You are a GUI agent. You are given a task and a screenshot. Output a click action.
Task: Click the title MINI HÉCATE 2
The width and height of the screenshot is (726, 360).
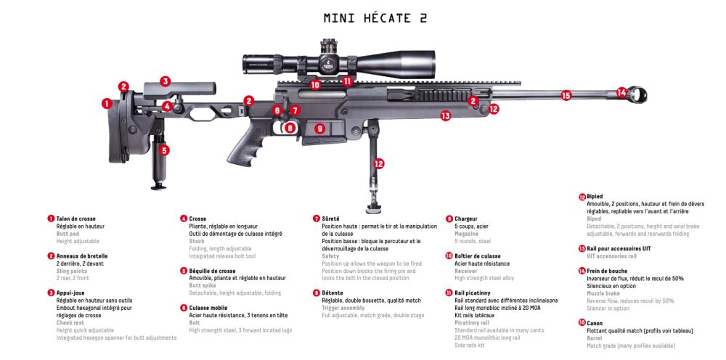(x=375, y=17)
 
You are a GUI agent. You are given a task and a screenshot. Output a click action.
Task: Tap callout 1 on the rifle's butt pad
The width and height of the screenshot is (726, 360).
(x=107, y=104)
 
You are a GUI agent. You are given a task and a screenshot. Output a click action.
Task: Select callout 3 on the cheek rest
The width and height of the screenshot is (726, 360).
(x=166, y=81)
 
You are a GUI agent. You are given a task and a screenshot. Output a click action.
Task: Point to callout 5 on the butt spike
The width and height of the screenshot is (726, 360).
(x=165, y=150)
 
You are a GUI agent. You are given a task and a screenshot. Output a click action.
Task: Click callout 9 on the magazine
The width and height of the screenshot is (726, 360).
(x=319, y=128)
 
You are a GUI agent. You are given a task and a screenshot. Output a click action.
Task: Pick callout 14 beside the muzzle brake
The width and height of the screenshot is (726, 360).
(x=621, y=92)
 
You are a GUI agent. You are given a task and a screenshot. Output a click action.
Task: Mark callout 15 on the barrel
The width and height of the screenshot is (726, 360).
(x=566, y=94)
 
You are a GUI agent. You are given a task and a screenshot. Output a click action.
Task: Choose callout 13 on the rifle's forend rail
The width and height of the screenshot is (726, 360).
(x=445, y=115)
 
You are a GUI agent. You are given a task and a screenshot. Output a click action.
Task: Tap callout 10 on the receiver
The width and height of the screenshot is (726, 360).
(x=315, y=85)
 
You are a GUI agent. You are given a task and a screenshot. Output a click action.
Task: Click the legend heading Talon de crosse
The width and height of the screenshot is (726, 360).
(x=76, y=218)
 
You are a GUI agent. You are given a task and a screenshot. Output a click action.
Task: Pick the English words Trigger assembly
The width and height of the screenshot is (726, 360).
(x=344, y=308)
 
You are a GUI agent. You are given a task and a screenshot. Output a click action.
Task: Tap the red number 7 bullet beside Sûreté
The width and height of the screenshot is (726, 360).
(x=317, y=218)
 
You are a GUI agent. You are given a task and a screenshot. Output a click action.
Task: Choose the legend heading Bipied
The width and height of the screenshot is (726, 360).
(x=595, y=197)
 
